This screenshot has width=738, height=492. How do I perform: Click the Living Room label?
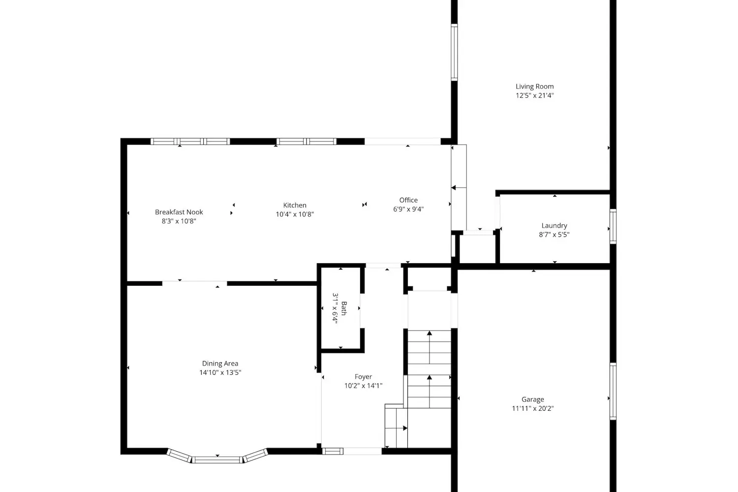point(534,86)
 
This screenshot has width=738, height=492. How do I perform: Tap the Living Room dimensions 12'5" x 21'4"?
point(534,95)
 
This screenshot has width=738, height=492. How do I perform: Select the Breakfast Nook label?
point(179,212)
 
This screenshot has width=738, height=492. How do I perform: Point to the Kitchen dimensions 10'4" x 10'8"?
point(295,214)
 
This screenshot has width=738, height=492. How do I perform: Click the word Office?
point(408,200)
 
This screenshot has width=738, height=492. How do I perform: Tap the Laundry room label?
point(554,226)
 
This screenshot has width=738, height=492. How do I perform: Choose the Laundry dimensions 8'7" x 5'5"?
point(554,235)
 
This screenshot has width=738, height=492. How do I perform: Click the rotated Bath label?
point(343,308)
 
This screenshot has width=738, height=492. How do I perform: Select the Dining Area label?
point(220,364)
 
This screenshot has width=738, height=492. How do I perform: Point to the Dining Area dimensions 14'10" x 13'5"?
point(220,372)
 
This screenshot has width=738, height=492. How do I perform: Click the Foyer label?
point(363,377)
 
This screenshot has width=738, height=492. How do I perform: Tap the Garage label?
point(533,400)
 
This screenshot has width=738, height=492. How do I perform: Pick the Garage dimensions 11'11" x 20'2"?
point(533,408)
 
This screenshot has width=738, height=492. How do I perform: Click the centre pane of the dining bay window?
point(217,460)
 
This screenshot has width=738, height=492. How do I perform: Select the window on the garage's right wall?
point(613,391)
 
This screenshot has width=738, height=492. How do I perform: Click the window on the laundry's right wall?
point(613,226)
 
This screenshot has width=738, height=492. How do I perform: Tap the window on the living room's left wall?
point(454,52)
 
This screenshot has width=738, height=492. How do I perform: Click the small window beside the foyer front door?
point(333,451)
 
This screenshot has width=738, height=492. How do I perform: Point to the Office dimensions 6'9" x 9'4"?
point(408,209)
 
